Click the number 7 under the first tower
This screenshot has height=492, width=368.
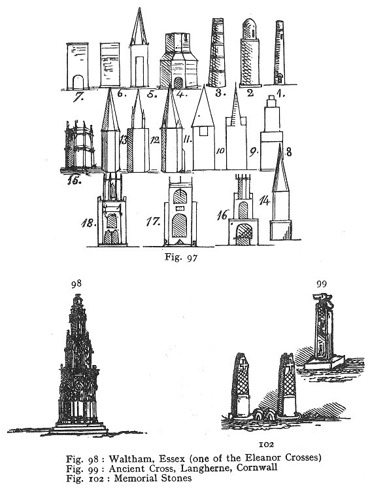pos(78,97)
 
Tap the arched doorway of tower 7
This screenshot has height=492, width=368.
pos(78,82)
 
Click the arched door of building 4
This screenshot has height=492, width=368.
pos(178,83)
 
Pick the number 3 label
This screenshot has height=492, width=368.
pos(218,92)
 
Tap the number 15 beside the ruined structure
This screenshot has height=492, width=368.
pos(75,180)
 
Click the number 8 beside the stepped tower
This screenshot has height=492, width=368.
pos(289,152)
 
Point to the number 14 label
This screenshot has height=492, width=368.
pos(265,200)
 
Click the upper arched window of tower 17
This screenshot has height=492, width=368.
pos(180,196)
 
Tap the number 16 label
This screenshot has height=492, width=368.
pos(222,215)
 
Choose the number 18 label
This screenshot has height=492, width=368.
pos(88,223)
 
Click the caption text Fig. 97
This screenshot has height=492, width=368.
pos(181,257)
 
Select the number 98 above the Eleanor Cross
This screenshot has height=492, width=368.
pos(76,284)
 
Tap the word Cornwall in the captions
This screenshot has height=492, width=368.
pos(257,468)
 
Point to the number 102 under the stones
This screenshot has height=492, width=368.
pos(267,444)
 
